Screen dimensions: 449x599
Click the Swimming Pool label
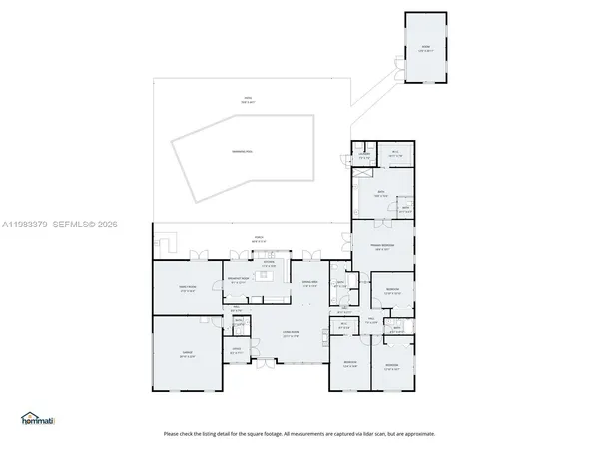242,150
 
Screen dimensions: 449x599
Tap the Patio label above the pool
248,99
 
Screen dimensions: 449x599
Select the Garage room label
186,356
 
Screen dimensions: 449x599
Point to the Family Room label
186,290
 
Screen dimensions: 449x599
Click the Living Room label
292,335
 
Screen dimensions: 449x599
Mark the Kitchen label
268,265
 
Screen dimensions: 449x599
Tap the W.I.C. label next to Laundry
395,155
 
